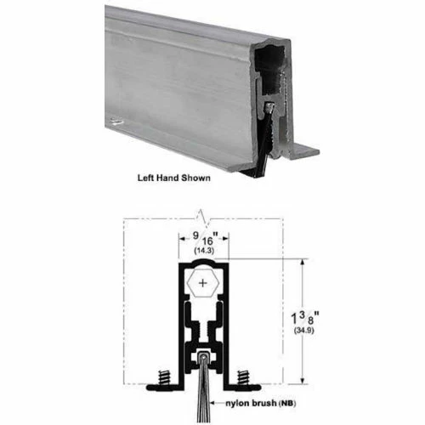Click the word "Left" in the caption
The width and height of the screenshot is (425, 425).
pos(149,179)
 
